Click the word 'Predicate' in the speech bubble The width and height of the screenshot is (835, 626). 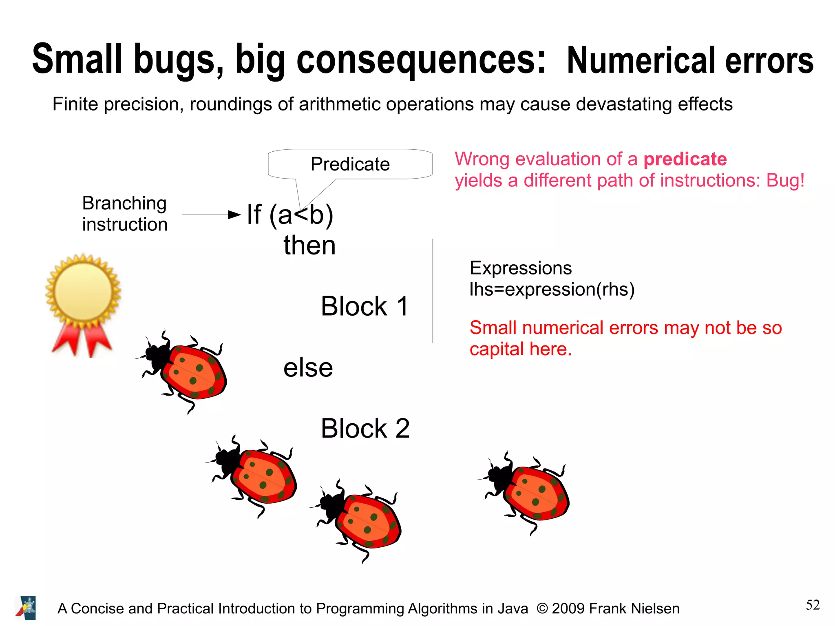tap(350, 164)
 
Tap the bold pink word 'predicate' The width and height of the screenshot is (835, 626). tap(685, 159)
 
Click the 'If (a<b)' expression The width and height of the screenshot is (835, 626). tap(290, 215)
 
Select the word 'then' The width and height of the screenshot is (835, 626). tap(309, 246)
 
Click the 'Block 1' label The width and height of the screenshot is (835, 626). tap(364, 306)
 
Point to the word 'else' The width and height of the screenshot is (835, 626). tap(308, 368)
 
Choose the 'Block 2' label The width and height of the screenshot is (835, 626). tap(365, 429)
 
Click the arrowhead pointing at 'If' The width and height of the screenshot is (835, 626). tap(234, 215)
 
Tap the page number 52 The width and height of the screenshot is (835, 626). tap(812, 605)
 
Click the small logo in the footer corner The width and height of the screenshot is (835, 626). tap(26, 608)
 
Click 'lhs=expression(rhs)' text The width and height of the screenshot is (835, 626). tap(552, 289)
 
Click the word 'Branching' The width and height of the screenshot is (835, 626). tap(124, 203)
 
